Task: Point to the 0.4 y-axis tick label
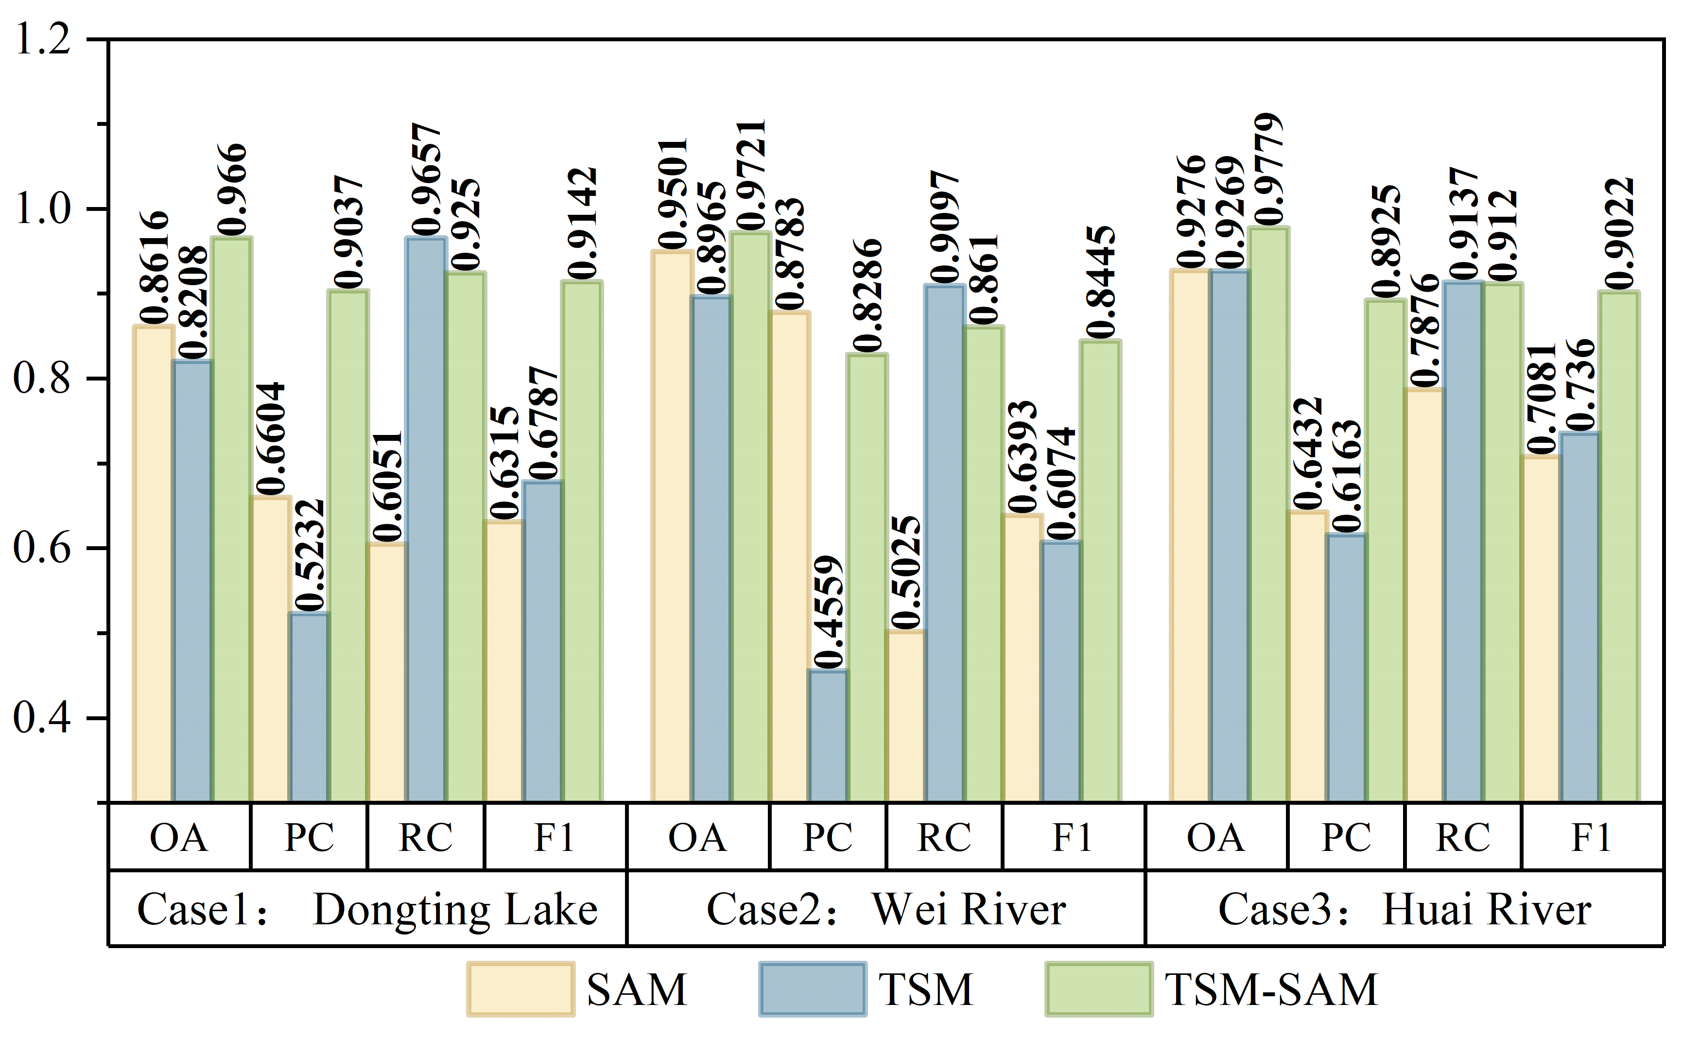pyautogui.click(x=43, y=718)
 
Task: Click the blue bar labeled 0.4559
pyautogui.click(x=827, y=735)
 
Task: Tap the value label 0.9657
pyautogui.click(x=427, y=179)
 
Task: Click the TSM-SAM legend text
pyautogui.click(x=1271, y=989)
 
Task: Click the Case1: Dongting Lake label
pyautogui.click(x=367, y=910)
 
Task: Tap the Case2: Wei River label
pyautogui.click(x=886, y=910)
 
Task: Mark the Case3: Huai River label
pyautogui.click(x=1405, y=910)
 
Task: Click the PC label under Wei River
pyautogui.click(x=828, y=837)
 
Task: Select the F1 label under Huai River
pyautogui.click(x=1591, y=837)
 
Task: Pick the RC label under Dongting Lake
pyautogui.click(x=426, y=837)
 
